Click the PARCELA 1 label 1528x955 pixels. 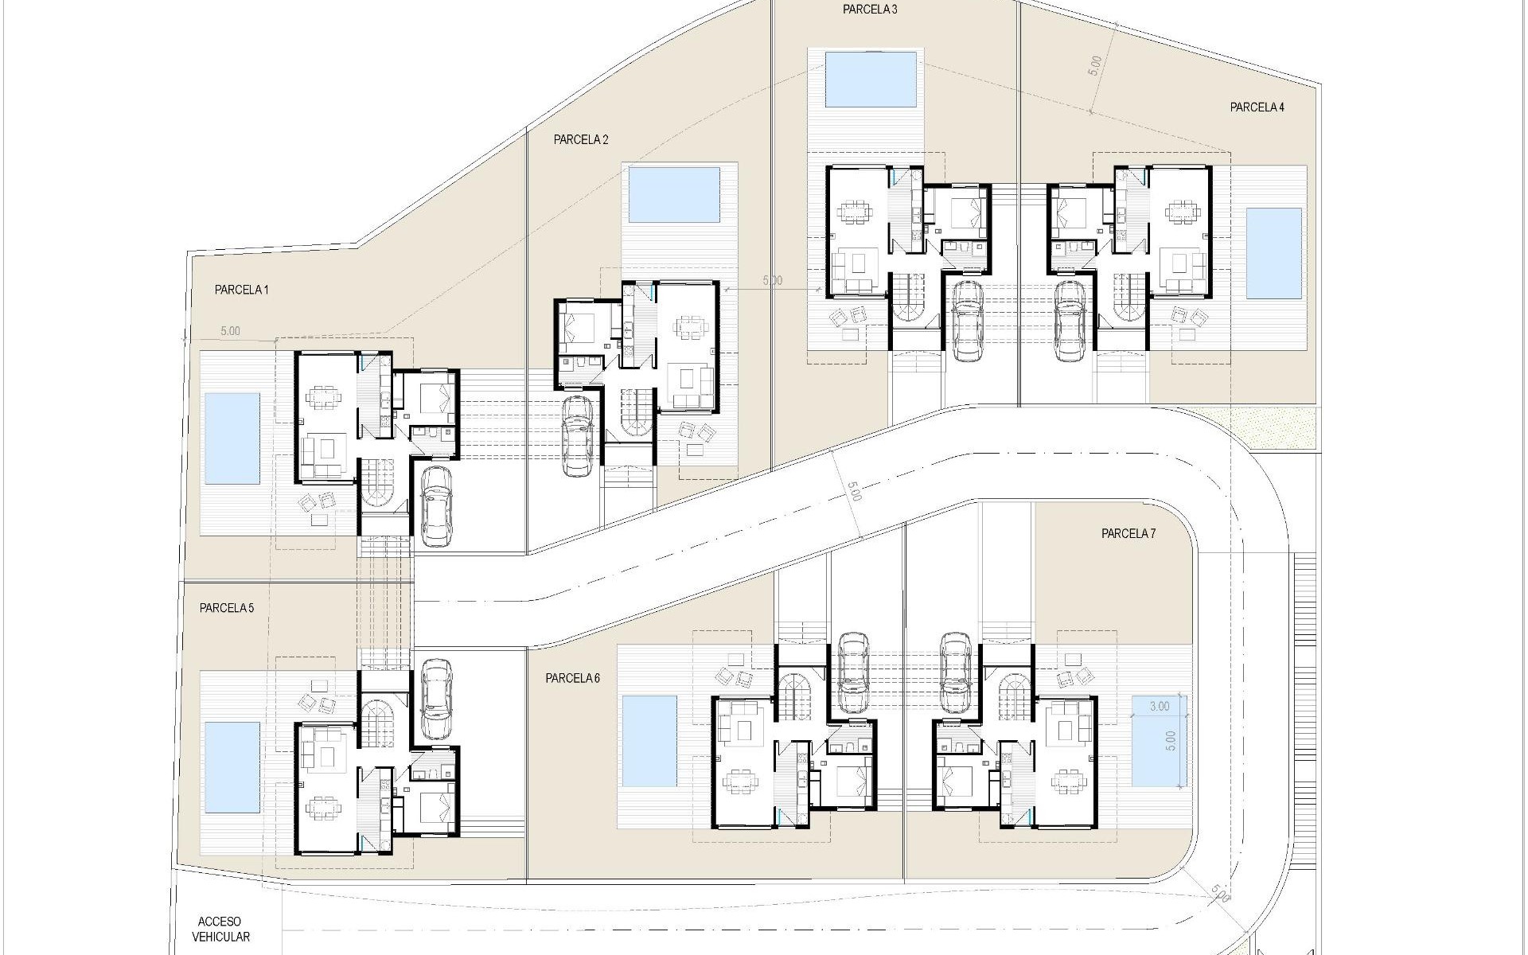(241, 290)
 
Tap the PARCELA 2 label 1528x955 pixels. (581, 140)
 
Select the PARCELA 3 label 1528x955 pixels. (870, 10)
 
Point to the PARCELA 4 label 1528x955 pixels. (1257, 107)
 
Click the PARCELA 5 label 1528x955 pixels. (227, 609)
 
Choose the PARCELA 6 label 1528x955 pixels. (573, 679)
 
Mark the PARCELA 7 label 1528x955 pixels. (1128, 534)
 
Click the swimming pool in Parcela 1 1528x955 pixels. (232, 439)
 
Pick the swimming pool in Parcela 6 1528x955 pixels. (649, 739)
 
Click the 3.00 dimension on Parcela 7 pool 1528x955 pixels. (1160, 706)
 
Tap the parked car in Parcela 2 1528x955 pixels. (576, 436)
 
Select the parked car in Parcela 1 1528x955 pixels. (435, 506)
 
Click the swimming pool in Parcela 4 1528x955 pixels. (1273, 253)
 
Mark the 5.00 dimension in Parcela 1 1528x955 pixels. (229, 331)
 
